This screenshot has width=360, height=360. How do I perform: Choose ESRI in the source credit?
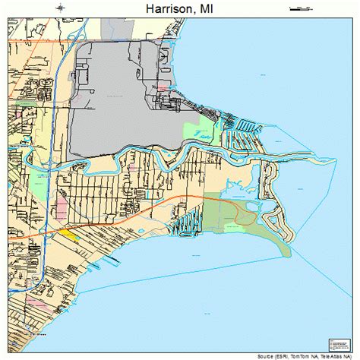[x=288, y=355]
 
